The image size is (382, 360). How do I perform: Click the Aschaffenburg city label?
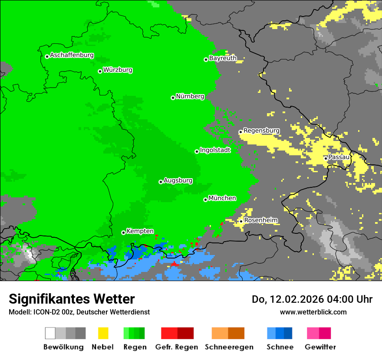pos(72,55)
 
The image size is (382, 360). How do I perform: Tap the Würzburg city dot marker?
pos(100,71)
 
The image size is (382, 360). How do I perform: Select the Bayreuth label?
pos(223,58)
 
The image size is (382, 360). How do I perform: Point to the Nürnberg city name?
pos(190,96)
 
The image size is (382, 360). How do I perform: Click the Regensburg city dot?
pos(240,132)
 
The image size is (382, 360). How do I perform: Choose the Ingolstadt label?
pos(215,150)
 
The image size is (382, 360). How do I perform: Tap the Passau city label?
pos(339,157)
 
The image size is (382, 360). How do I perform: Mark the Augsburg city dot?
pos(161,182)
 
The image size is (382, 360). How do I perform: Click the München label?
pos(222,198)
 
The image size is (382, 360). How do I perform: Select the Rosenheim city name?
pos(260,220)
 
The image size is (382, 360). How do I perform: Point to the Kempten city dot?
pos(123,232)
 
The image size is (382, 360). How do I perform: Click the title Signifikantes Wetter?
pos(72,299)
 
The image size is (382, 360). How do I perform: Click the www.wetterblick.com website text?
pos(313,312)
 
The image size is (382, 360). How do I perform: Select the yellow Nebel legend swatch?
pos(103,333)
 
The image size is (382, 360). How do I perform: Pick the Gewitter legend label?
pos(320,347)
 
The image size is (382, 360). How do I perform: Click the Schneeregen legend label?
pos(229,347)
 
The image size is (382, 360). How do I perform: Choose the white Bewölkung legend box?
pos(50,333)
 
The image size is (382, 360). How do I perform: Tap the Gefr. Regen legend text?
pos(176,347)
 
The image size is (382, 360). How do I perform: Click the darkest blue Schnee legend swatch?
pos(288,333)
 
